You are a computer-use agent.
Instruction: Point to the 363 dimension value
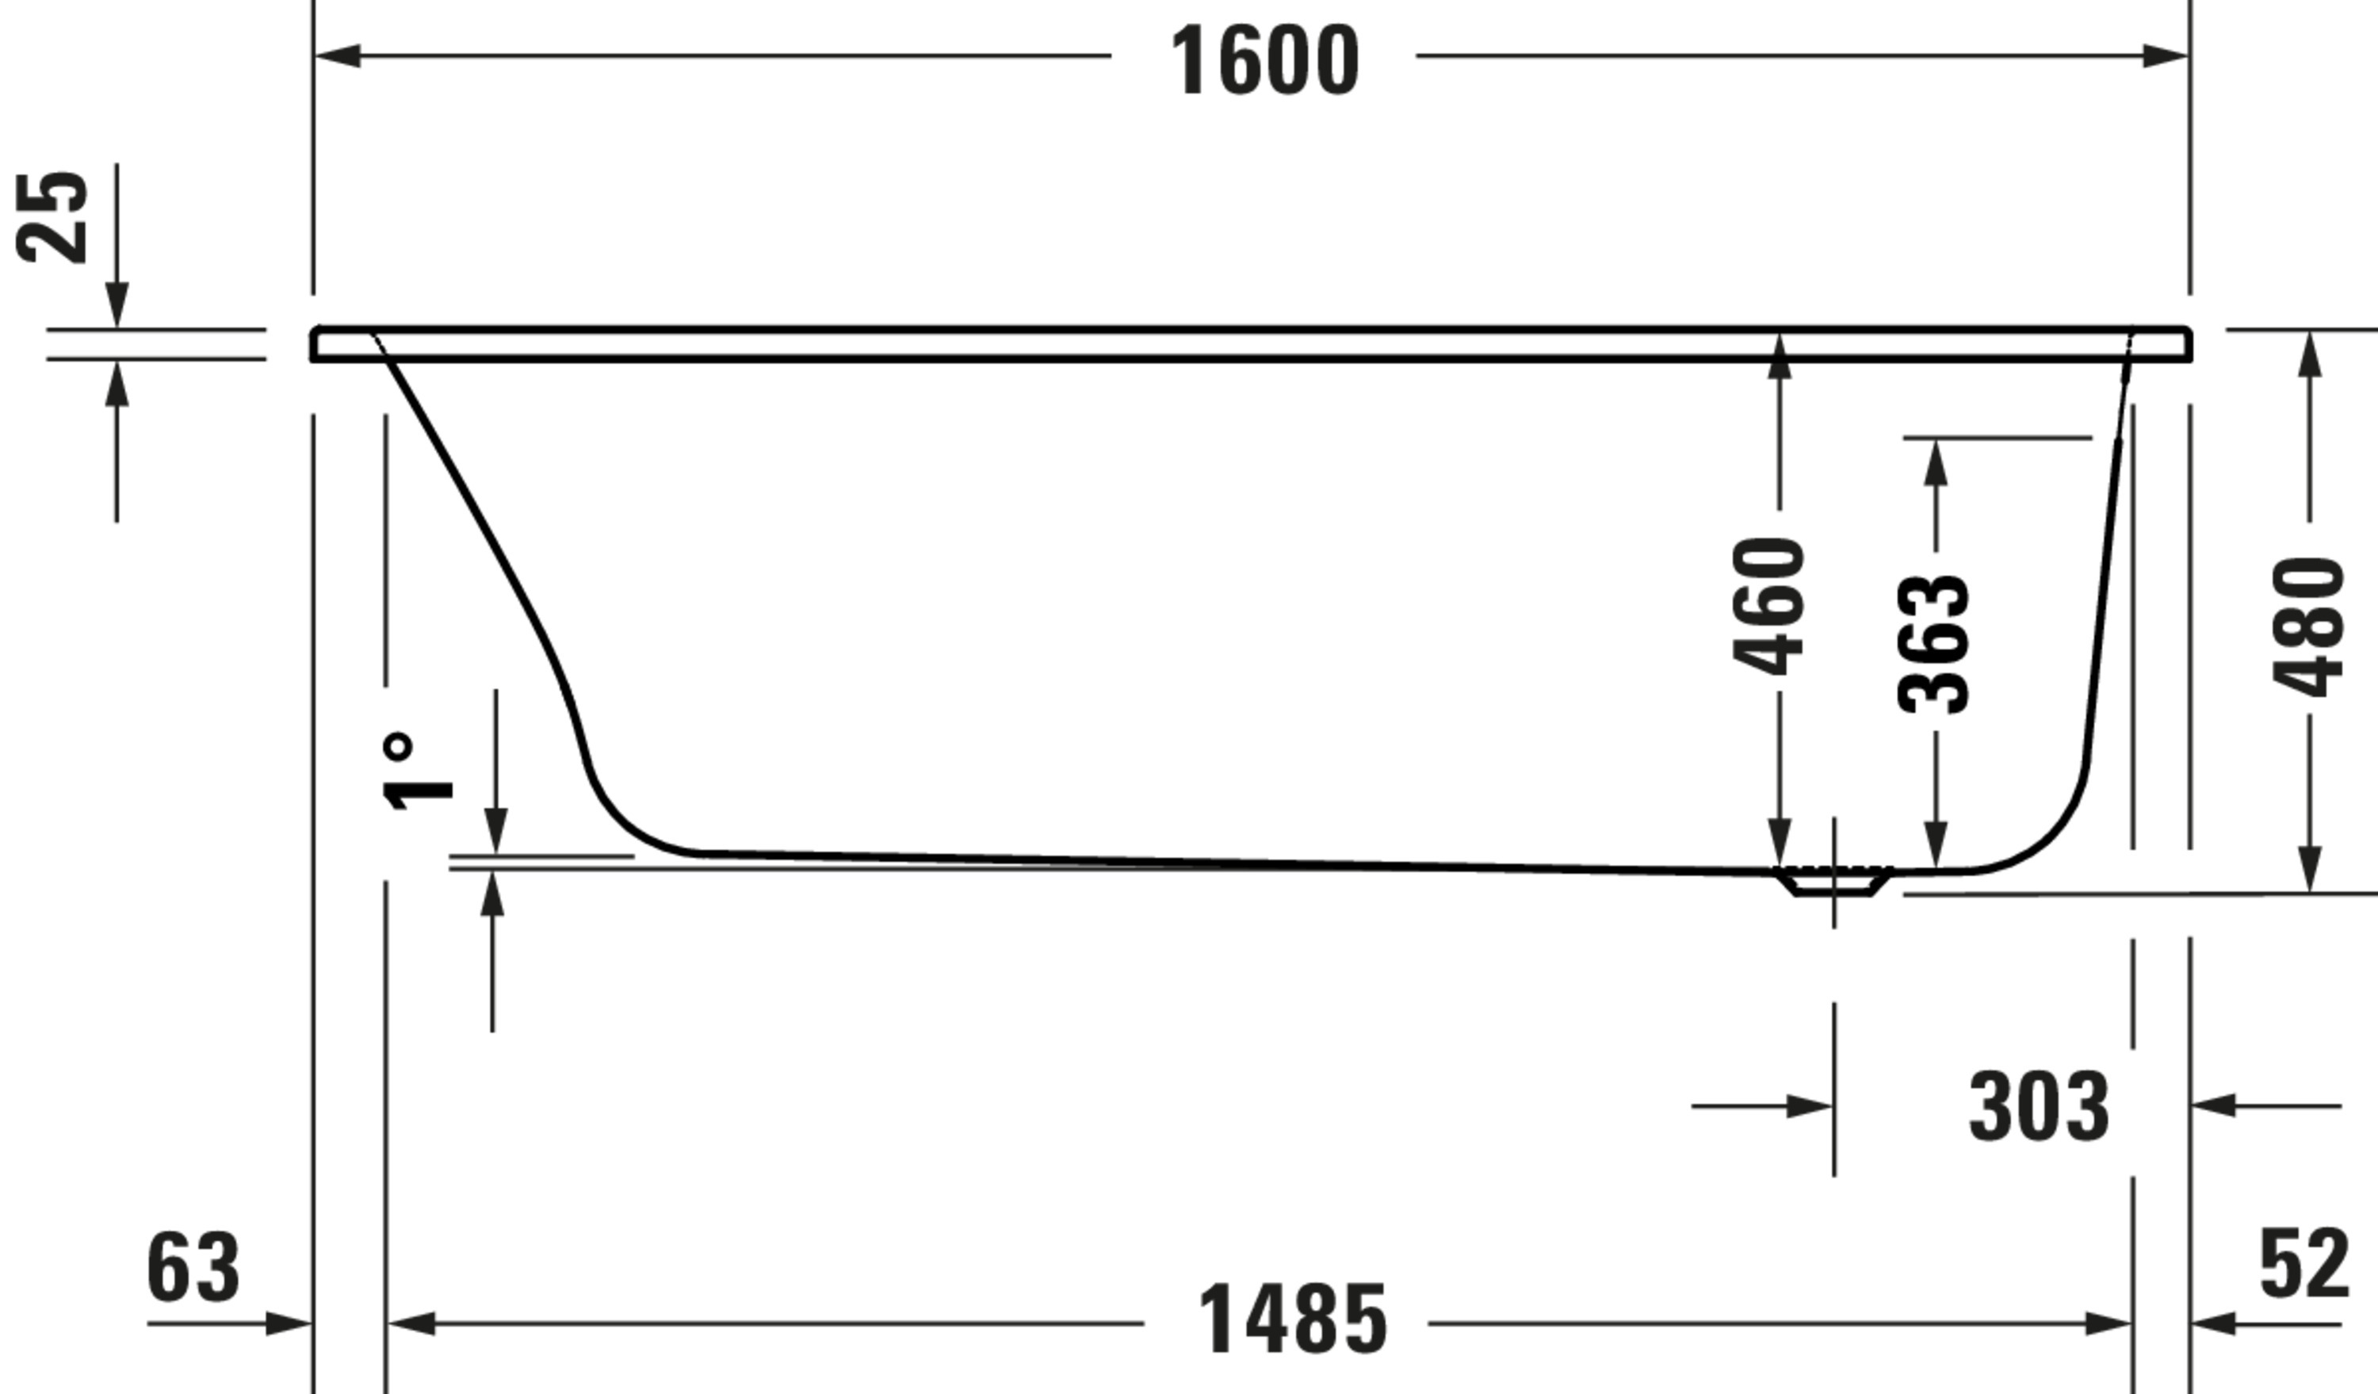[1933, 645]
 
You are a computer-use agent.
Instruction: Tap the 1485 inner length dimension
[1292, 1319]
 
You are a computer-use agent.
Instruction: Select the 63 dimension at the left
[193, 1269]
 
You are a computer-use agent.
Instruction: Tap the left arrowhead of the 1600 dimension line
[338, 56]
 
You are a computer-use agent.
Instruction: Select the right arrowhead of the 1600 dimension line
[2165, 56]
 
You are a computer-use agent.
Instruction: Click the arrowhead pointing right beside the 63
[288, 1323]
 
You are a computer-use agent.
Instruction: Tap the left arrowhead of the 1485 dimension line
[411, 1323]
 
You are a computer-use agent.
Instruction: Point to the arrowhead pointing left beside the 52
[2213, 1323]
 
